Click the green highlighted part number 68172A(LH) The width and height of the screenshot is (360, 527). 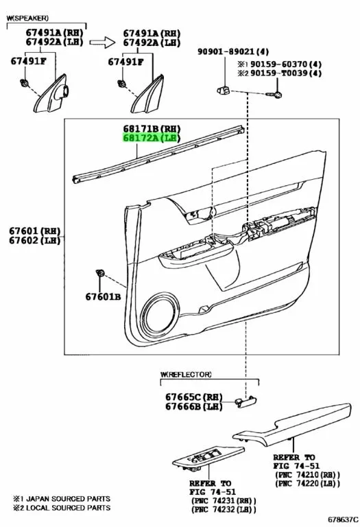click(152, 138)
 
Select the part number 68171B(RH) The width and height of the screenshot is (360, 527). click(152, 128)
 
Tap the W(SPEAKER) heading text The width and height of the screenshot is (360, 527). click(27, 18)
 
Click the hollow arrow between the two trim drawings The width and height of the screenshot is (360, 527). click(102, 42)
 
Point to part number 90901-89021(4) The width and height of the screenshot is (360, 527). click(233, 51)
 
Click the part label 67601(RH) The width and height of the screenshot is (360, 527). click(34, 231)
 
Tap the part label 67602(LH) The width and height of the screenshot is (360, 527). click(34, 240)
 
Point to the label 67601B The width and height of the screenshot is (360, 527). click(103, 296)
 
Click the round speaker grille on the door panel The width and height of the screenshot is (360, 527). click(160, 315)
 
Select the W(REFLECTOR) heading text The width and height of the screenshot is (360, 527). click(186, 374)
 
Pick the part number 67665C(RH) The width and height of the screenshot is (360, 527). click(194, 397)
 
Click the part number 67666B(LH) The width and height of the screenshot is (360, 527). click(194, 406)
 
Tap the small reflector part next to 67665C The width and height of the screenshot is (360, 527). click(245, 401)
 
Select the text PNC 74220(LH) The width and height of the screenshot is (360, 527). click(307, 484)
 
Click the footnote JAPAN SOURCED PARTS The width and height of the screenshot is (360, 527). click(68, 498)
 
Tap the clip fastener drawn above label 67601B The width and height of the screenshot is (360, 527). click(99, 273)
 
